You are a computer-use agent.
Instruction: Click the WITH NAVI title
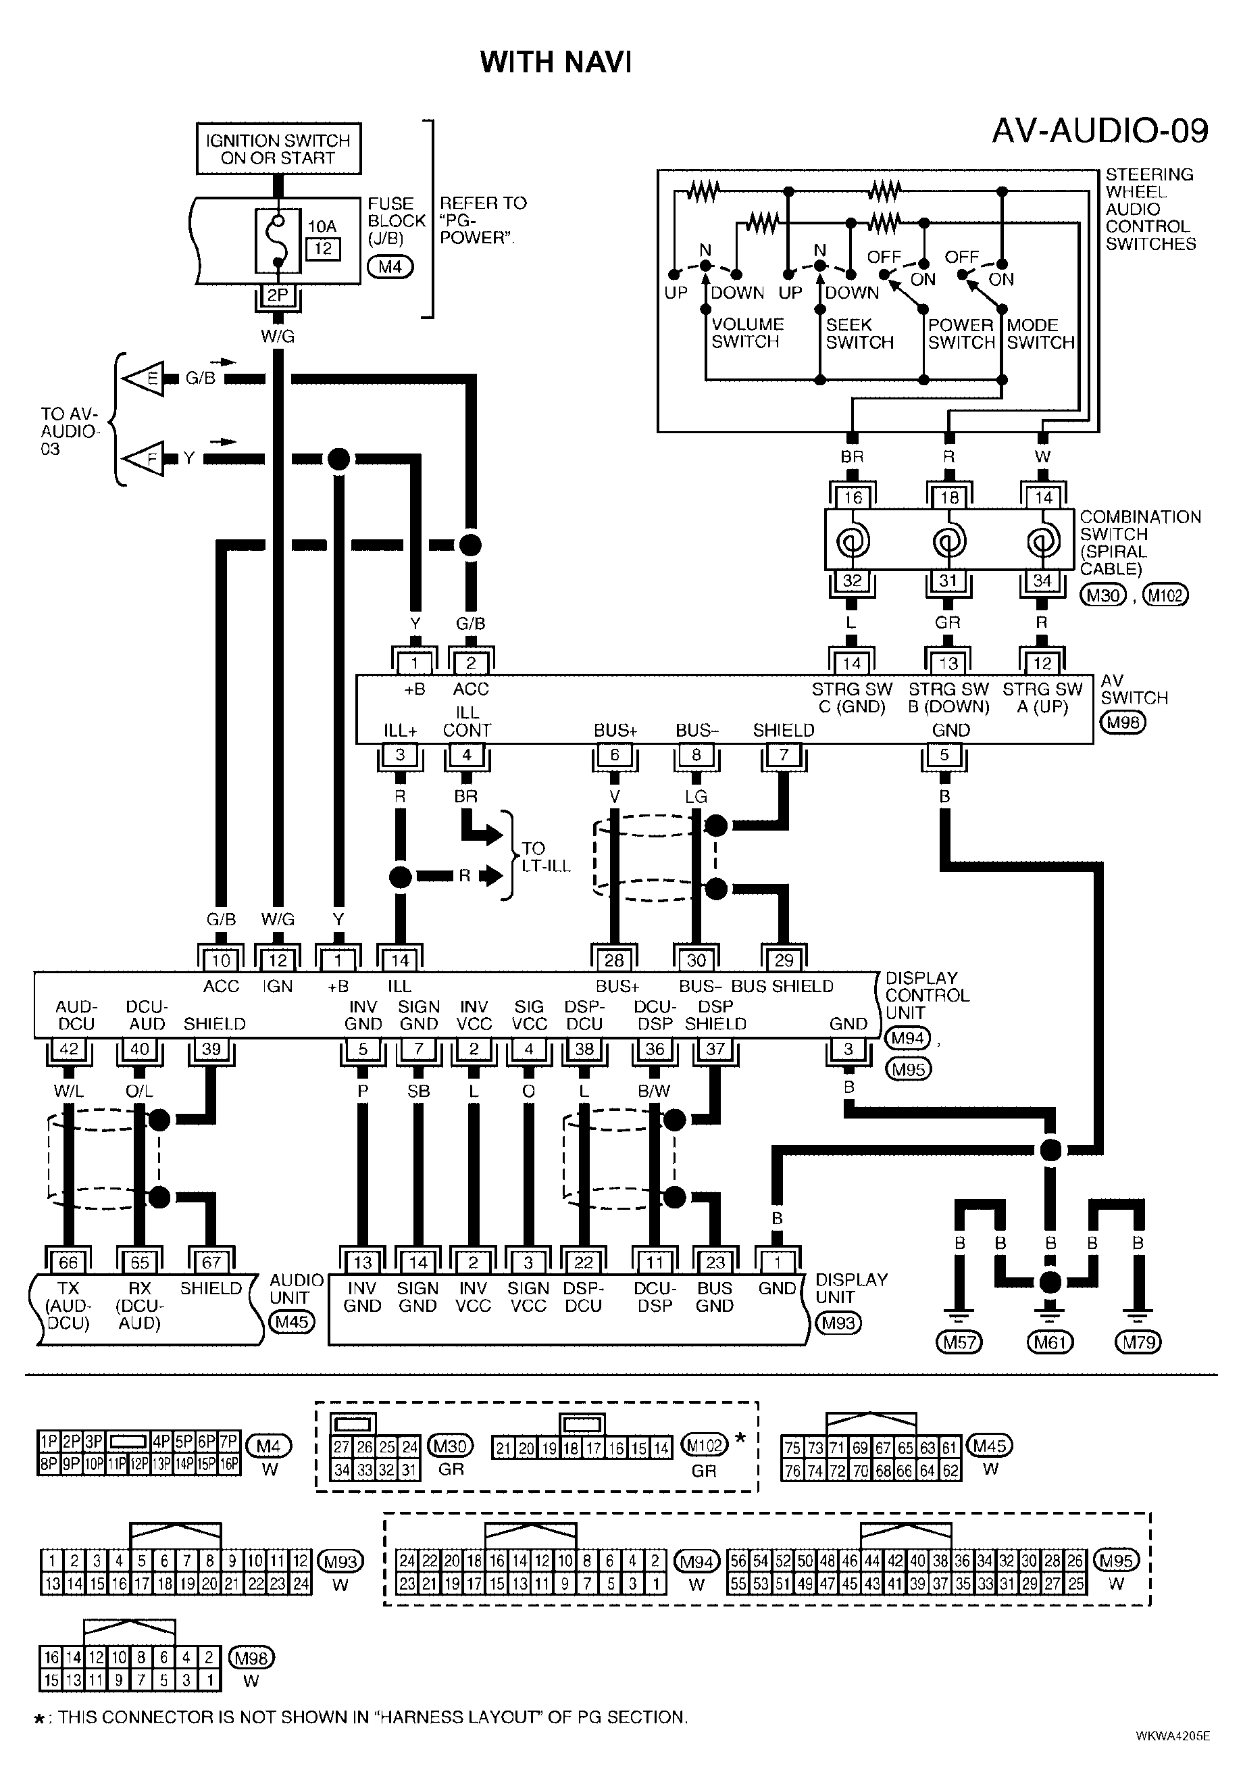pyautogui.click(x=555, y=62)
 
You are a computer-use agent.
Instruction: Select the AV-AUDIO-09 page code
pyautogui.click(x=1100, y=131)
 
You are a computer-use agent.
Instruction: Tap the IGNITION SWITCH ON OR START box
pyautogui.click(x=278, y=149)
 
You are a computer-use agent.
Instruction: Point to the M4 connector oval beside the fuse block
pyautogui.click(x=390, y=267)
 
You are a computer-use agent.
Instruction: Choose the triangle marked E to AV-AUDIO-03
pyautogui.click(x=145, y=378)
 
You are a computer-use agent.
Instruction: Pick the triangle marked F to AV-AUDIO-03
pyautogui.click(x=145, y=460)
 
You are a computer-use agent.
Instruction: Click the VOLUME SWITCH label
pyautogui.click(x=747, y=333)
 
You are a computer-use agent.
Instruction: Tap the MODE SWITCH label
pyautogui.click(x=1040, y=333)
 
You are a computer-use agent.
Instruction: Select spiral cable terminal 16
pyautogui.click(x=853, y=497)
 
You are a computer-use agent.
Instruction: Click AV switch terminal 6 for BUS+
pyautogui.click(x=615, y=754)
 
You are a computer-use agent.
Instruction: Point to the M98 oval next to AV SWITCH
pyautogui.click(x=1123, y=722)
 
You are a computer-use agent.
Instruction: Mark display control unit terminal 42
pyautogui.click(x=70, y=1049)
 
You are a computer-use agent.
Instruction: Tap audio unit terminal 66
pyautogui.click(x=68, y=1261)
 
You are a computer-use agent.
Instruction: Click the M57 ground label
pyautogui.click(x=959, y=1342)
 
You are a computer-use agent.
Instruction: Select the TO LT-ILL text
pyautogui.click(x=546, y=856)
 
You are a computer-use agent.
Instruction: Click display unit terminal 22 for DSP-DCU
pyautogui.click(x=584, y=1261)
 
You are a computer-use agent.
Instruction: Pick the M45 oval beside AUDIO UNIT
pyautogui.click(x=291, y=1322)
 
